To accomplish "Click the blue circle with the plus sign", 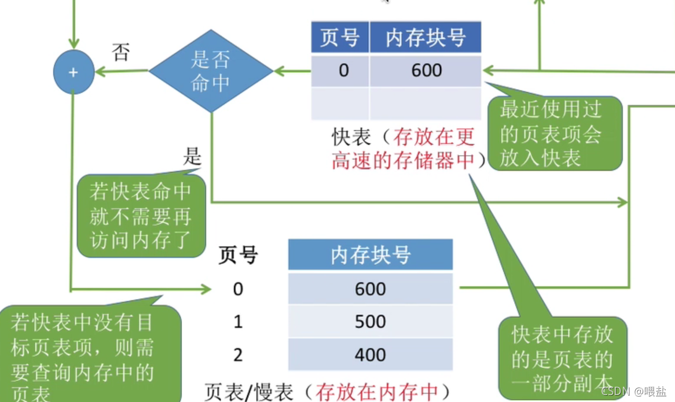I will (x=74, y=72).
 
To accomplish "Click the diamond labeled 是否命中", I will (x=211, y=71).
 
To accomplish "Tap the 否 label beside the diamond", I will (x=120, y=54).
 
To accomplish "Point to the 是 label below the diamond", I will (x=192, y=156).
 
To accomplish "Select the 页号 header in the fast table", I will (x=340, y=38).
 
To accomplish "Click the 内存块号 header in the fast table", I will (x=425, y=38).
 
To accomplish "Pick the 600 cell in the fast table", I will (x=426, y=71).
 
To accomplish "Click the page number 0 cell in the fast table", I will (x=344, y=71).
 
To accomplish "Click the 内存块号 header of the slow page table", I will (x=370, y=255).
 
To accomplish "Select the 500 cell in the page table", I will (x=370, y=322).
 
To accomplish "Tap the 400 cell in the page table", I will (x=370, y=355).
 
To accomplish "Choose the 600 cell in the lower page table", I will (x=370, y=289).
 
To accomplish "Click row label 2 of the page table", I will (x=238, y=355).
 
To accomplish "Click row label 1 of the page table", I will (x=238, y=322).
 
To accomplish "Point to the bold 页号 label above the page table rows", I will (x=238, y=255).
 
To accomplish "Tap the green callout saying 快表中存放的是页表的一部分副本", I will (x=561, y=356).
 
